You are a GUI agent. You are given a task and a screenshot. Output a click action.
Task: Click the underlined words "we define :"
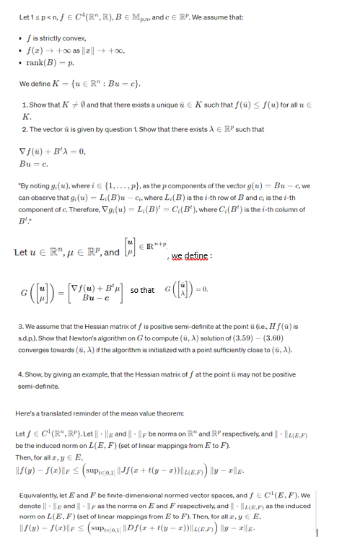click(191, 256)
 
